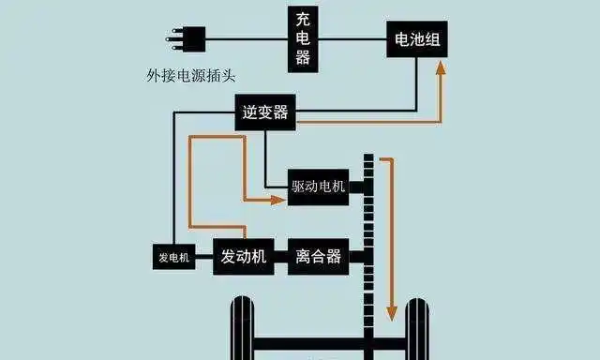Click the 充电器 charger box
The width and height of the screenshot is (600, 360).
(303, 38)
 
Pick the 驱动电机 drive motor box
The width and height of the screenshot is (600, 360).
(318, 187)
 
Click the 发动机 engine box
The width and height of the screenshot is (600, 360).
(244, 256)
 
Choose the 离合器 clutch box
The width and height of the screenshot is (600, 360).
(318, 256)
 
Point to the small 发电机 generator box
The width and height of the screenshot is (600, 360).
(173, 257)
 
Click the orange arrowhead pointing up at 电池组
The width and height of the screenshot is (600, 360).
(439, 69)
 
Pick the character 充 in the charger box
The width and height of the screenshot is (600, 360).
(303, 19)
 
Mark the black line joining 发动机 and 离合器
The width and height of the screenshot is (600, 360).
(282, 256)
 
